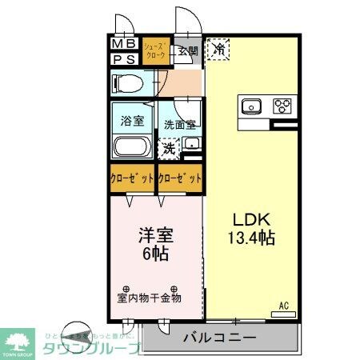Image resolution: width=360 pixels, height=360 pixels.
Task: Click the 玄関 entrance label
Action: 188,52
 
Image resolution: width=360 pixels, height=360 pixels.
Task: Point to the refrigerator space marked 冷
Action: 218,50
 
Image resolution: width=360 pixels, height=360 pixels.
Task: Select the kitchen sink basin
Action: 250,105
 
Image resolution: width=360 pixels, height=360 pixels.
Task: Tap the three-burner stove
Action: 282,105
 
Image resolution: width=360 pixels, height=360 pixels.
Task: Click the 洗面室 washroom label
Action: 180,124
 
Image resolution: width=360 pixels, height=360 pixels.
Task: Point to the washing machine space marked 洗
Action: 168,147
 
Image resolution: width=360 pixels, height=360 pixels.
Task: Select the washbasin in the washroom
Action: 191,145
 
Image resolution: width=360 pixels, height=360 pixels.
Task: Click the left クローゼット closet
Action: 133,179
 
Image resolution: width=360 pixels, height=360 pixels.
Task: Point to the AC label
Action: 283,305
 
